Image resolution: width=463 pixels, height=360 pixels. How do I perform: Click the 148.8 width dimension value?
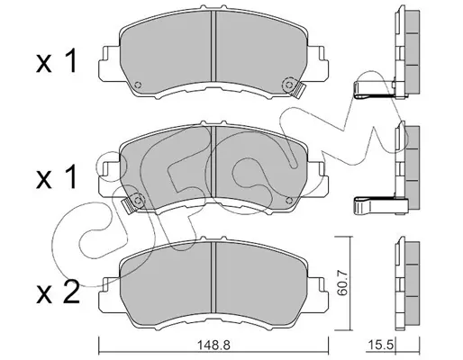[x=213, y=345]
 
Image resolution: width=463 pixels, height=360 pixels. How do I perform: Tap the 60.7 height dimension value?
[x=342, y=283]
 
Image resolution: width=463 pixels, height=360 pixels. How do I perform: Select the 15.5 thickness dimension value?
[x=380, y=345]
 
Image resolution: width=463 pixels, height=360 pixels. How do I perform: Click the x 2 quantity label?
[x=58, y=292]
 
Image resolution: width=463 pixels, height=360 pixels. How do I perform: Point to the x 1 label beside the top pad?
[x=57, y=61]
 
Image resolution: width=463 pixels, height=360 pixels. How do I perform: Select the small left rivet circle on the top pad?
[x=138, y=85]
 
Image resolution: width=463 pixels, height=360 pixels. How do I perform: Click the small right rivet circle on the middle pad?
[x=289, y=201]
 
